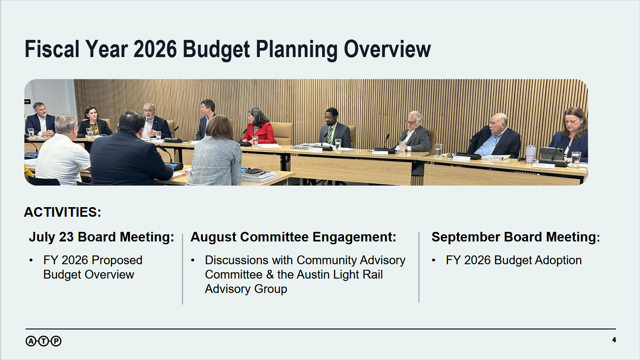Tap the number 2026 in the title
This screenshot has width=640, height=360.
155,49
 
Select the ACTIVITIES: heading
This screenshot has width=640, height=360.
63,212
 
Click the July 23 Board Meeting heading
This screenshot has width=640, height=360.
101,237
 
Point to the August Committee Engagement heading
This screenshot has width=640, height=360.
293,237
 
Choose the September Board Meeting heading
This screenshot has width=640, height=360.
516,237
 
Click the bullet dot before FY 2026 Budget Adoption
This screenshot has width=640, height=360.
433,261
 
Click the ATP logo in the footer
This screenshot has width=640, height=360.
43,341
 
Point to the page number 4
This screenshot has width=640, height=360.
614,340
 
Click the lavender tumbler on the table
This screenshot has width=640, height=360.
531,154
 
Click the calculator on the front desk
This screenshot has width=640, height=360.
254,171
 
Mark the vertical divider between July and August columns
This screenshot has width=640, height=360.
183,269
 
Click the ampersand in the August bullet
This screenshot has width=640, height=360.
270,275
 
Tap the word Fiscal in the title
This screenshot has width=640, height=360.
52,49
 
